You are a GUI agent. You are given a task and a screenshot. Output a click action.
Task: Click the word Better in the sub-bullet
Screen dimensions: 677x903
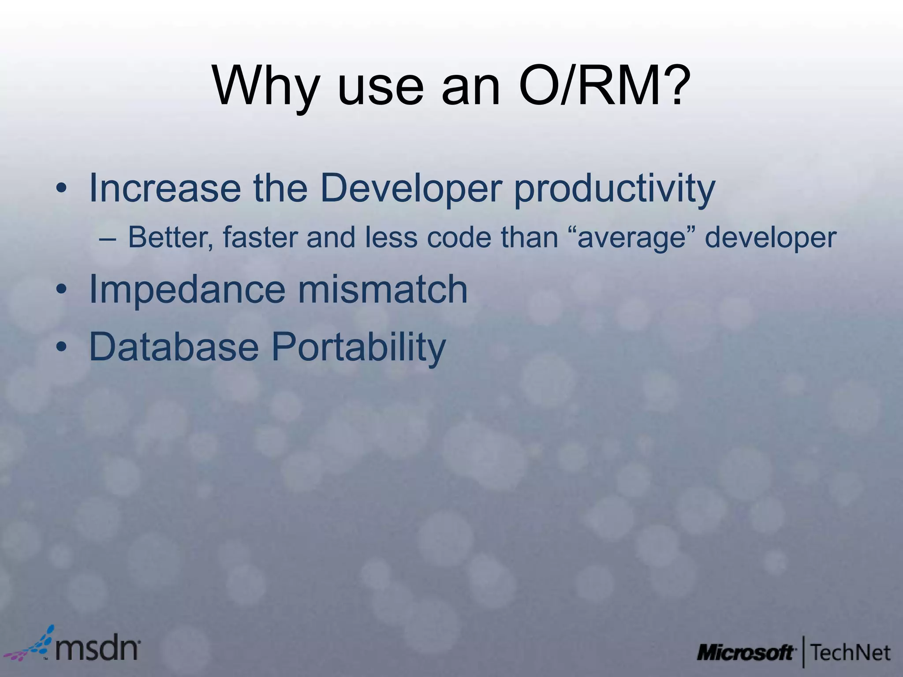click(x=170, y=238)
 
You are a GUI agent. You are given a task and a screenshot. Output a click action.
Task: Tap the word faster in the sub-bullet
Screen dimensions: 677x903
click(x=260, y=238)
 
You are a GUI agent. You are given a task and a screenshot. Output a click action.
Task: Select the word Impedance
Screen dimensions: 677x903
click(x=187, y=290)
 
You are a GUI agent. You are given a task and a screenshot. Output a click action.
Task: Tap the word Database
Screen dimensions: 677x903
click(x=174, y=347)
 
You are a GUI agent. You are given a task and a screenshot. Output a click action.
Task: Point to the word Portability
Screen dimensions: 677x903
click(x=358, y=348)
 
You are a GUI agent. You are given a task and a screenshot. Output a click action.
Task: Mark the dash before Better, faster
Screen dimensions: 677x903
click(x=108, y=238)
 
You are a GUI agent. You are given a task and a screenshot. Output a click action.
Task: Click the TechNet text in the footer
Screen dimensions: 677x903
click(x=850, y=653)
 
